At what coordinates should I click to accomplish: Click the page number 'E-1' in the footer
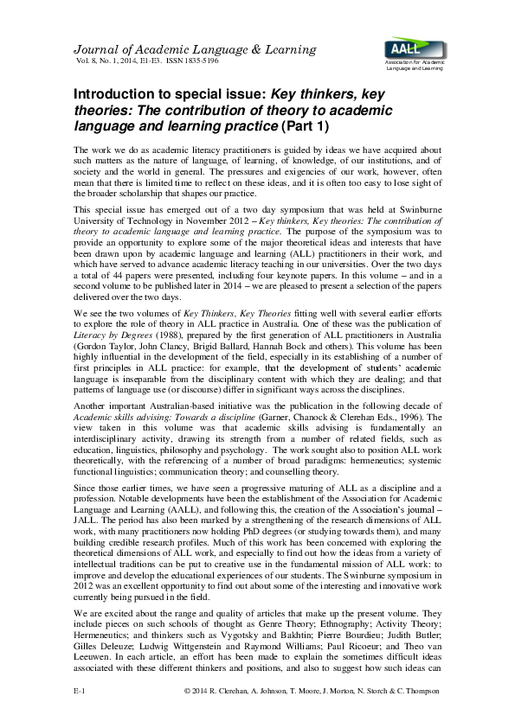pyautogui.click(x=78, y=716)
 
